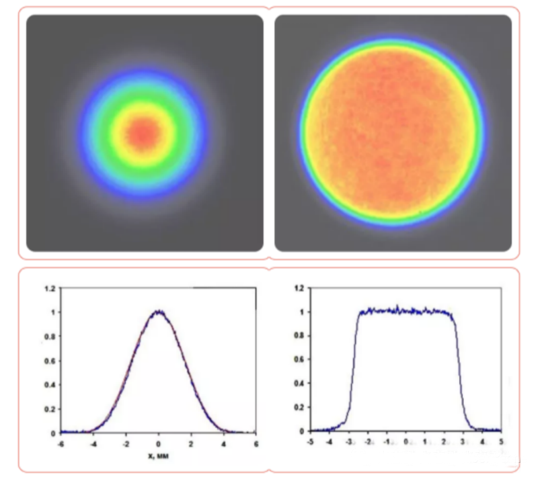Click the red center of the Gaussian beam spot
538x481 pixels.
coord(143,132)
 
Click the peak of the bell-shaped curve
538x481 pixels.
coord(158,312)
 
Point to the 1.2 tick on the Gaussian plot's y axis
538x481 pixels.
coord(48,288)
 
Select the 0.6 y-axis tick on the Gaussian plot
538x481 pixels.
coord(48,360)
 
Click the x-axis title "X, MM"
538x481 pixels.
coord(158,455)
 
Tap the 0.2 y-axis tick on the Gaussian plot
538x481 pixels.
coord(48,408)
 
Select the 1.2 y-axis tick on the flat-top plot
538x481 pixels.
coord(299,288)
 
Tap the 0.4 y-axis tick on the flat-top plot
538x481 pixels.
coord(299,383)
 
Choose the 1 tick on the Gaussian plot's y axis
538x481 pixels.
coord(51,312)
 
